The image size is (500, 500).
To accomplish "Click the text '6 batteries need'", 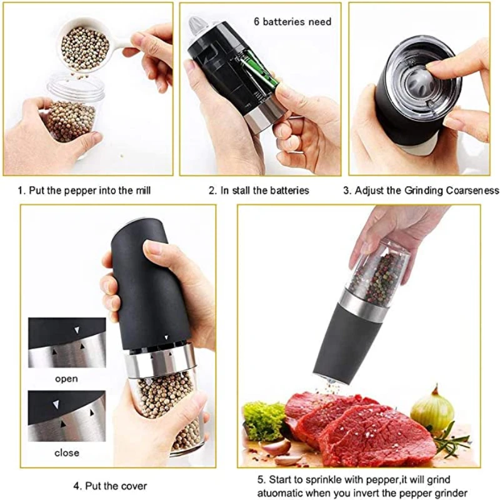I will tap(292, 21).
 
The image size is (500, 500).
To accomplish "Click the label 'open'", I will tap(66, 378).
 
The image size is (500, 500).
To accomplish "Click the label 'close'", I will tap(66, 452).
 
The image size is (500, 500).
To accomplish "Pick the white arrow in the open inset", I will tap(77, 329).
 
